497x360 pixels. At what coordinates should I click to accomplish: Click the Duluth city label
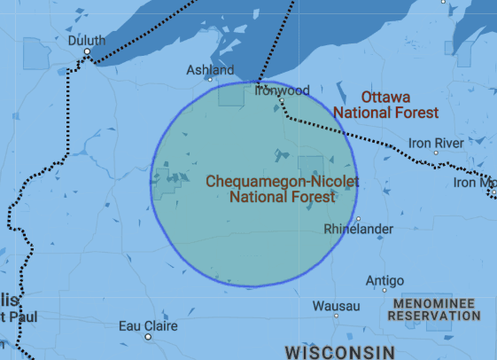coord(87,40)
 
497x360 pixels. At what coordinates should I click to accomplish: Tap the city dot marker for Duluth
coord(88,52)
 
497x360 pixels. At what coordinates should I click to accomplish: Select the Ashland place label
coord(210,70)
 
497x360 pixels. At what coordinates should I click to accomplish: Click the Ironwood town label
coord(282,90)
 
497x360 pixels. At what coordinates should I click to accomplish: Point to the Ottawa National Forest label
coord(385,105)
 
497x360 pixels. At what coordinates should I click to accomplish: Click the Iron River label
coord(436,142)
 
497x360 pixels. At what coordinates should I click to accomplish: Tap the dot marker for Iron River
coord(435,153)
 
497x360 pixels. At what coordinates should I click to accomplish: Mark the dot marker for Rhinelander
coord(359,218)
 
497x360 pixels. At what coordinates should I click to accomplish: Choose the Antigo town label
coord(384,280)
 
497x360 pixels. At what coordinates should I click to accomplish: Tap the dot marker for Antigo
coord(384,290)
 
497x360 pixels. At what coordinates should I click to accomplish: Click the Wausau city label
coord(336,306)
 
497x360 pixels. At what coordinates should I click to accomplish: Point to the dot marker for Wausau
coord(337,316)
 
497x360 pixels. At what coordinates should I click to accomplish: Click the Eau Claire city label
coord(148,325)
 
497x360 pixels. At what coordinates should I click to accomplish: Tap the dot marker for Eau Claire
coord(148,337)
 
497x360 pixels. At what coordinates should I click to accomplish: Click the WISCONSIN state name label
coord(339,352)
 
